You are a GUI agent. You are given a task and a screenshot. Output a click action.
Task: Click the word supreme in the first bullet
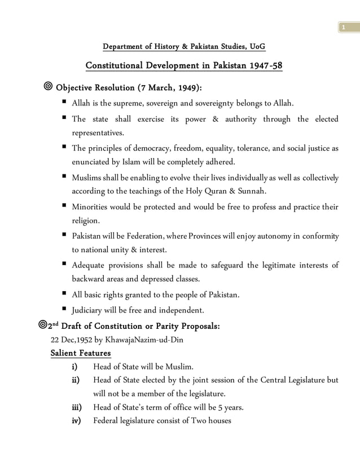tap(116, 103)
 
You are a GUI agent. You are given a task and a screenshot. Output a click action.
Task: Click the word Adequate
tap(90, 266)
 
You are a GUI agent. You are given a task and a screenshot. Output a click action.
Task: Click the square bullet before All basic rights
tap(65, 294)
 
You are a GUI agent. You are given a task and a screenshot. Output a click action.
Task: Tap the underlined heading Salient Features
tap(81, 354)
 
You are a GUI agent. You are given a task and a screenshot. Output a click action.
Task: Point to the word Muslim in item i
tap(179, 366)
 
